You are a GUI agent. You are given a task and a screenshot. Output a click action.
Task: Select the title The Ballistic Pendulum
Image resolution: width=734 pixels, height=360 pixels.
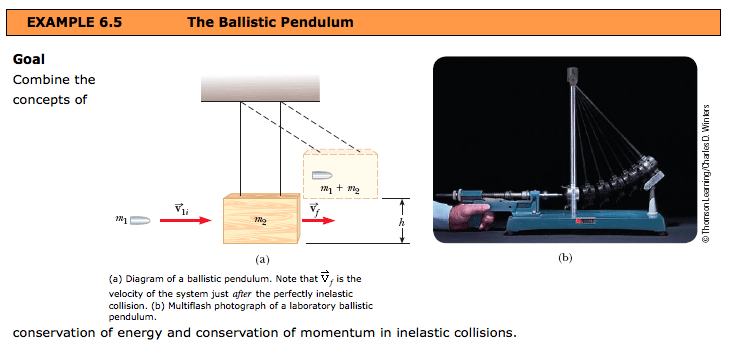pyautogui.click(x=270, y=21)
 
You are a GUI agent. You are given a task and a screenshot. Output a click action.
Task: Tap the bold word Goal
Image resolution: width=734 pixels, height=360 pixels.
pyautogui.click(x=28, y=59)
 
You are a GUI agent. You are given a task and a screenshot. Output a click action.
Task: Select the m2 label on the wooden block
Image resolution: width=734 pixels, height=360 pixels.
pyautogui.click(x=260, y=218)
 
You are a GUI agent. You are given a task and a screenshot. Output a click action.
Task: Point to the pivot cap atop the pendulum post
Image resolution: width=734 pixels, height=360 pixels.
pyautogui.click(x=573, y=73)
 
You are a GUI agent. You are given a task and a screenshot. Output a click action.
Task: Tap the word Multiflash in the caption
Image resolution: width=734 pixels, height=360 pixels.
pyautogui.click(x=211, y=304)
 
